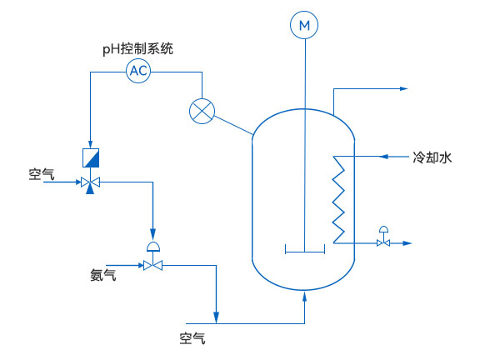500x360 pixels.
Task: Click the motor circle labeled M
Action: click(305, 27)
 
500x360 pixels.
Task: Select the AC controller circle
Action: click(138, 71)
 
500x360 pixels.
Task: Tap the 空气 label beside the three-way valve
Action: click(42, 174)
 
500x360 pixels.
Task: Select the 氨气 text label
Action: click(103, 273)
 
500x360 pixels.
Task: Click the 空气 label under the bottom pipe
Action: click(192, 338)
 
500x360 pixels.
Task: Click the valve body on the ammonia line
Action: click(152, 266)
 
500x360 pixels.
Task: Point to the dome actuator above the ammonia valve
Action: click(152, 246)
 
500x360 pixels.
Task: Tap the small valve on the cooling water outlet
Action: click(383, 242)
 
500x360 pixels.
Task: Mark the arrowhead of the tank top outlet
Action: click(404, 88)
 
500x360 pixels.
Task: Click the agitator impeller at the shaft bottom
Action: click(305, 248)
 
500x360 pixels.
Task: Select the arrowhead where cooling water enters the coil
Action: click(382, 156)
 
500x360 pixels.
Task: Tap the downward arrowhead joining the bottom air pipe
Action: click(216, 317)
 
